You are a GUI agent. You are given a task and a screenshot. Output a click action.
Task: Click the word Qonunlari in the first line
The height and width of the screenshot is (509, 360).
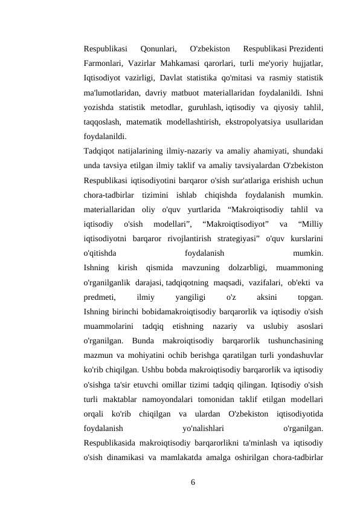click(158, 47)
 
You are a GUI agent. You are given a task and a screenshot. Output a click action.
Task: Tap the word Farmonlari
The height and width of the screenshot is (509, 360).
click(103, 62)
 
